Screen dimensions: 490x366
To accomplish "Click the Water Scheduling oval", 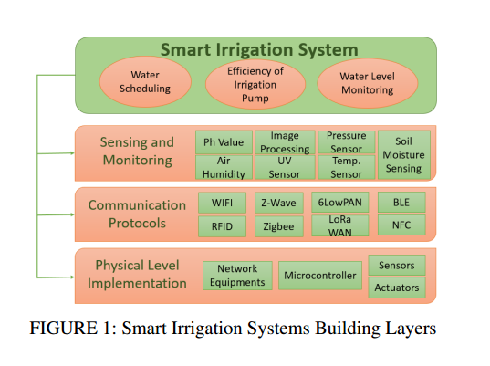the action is (145, 82).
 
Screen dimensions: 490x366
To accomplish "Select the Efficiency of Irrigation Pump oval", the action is (255, 84).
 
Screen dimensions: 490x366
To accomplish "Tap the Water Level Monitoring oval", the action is (368, 83).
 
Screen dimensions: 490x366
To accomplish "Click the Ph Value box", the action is (224, 142).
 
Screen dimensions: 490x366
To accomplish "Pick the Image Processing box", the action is (285, 142).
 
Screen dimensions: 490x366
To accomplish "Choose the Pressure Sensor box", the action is (346, 142).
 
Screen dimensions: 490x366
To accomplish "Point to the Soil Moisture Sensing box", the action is (403, 155).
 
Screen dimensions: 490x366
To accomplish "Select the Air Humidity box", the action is (224, 167).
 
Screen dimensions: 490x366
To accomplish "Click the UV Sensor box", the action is (285, 167).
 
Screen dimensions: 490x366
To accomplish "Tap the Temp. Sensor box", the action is (346, 167).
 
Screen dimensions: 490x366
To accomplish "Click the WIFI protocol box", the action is (222, 203).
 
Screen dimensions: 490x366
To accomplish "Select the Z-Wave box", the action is (278, 203).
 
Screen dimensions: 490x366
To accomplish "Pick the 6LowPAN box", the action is (340, 203).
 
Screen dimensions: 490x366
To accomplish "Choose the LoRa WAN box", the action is (340, 225).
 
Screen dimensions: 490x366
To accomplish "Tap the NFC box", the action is (401, 225).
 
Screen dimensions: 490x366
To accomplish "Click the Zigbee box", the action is (278, 226).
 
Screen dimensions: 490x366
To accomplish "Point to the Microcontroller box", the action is (320, 276).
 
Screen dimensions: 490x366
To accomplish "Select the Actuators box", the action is (397, 288).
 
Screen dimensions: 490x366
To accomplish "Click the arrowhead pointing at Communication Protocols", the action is (72, 214).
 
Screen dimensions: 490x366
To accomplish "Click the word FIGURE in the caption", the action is (64, 329).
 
